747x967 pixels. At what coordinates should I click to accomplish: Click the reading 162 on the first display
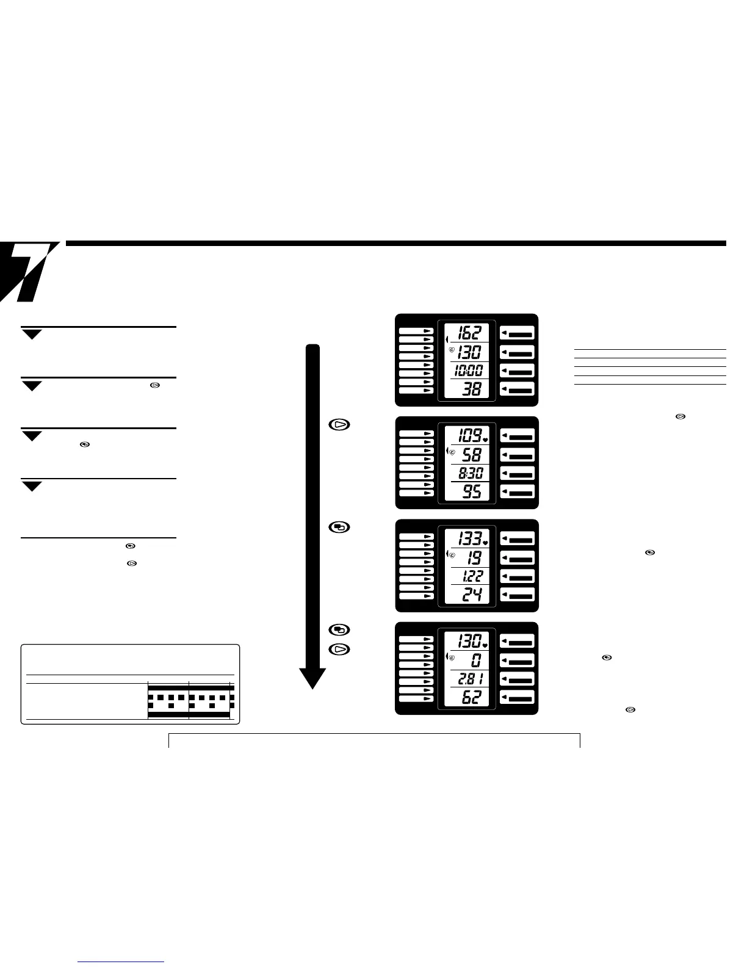click(x=470, y=333)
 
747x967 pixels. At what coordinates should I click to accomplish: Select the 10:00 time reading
click(x=468, y=371)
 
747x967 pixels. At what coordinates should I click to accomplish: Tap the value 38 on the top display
click(x=472, y=389)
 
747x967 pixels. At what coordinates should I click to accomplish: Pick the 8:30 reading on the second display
click(x=470, y=473)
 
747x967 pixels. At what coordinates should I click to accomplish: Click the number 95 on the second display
click(x=472, y=491)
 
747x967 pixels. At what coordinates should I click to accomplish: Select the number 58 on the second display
click(x=472, y=455)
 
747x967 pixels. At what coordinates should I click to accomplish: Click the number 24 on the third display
click(x=472, y=594)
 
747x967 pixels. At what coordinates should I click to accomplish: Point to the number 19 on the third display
click(x=474, y=557)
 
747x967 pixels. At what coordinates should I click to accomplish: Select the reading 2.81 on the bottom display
click(x=470, y=679)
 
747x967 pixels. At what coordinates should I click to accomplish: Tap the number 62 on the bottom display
click(x=472, y=697)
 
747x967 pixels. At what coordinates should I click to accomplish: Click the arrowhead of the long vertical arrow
click(x=312, y=677)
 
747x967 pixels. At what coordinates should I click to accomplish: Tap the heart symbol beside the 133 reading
click(x=485, y=542)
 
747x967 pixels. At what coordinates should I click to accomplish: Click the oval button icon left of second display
click(x=340, y=424)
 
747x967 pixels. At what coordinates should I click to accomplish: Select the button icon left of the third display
click(x=340, y=527)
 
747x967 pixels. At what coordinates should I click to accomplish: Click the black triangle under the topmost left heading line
click(x=33, y=334)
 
